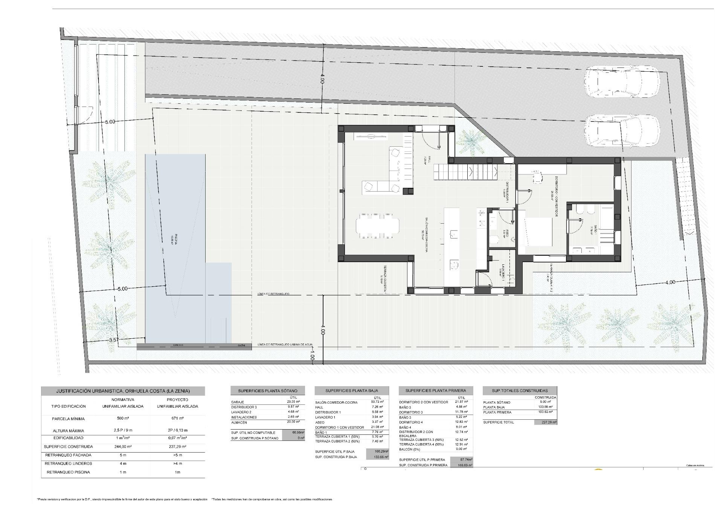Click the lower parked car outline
tap(622, 130)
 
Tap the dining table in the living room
tap(377, 226)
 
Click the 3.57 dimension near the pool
tap(114, 340)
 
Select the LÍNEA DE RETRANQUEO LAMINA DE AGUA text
tap(285, 345)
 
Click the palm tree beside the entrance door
tap(470, 142)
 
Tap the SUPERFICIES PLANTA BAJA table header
tap(351, 390)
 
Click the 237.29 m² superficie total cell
tap(545, 422)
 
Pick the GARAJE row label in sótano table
tap(238, 402)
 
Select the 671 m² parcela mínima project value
tap(177, 419)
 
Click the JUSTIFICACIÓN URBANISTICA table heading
tap(123, 391)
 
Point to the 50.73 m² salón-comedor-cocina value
tap(377, 402)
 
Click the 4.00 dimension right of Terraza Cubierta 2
tap(670, 282)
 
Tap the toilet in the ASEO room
tap(494, 240)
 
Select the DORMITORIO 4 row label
tap(411, 422)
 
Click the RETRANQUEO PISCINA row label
tap(68, 472)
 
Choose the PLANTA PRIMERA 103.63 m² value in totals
tap(545, 412)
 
